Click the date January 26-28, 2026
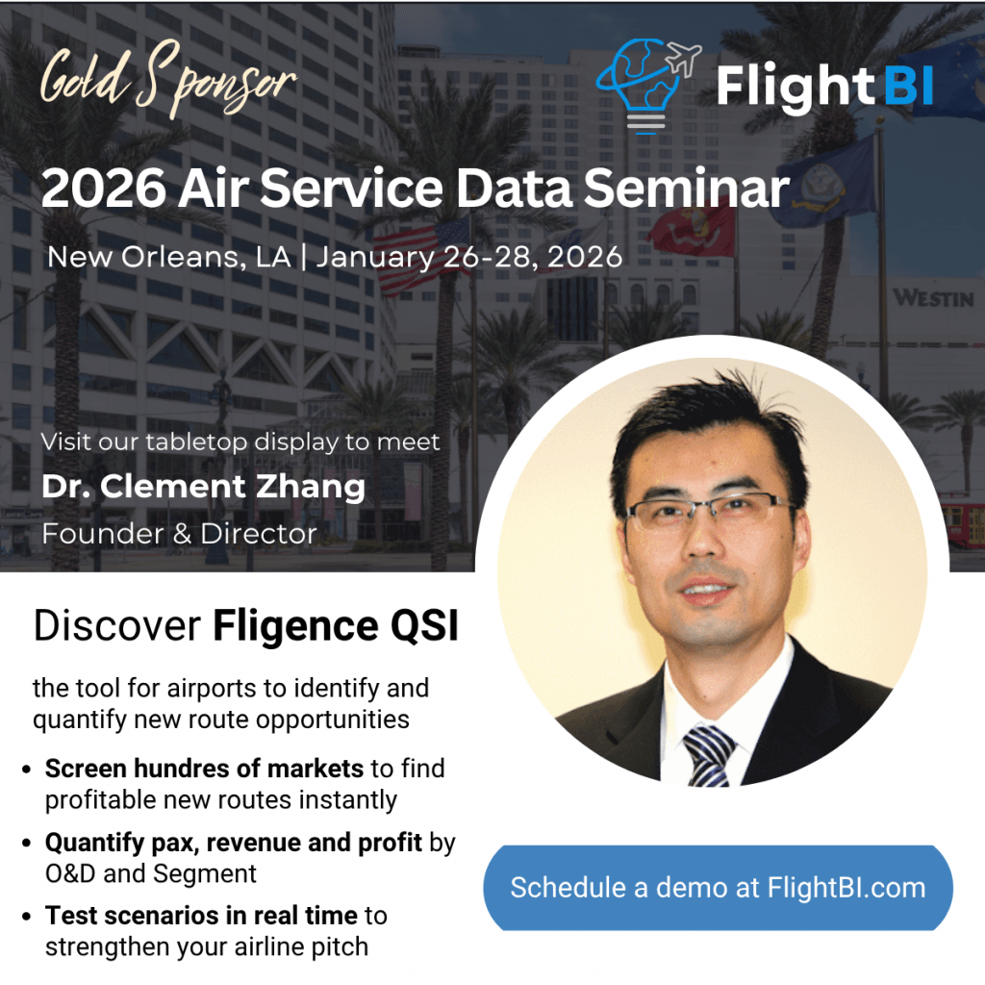click(469, 257)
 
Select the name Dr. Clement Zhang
click(203, 487)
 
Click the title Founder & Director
click(179, 533)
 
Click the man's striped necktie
click(710, 756)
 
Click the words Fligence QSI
click(335, 627)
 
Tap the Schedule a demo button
click(718, 887)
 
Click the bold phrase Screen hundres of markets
click(204, 769)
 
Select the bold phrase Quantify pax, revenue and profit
click(234, 843)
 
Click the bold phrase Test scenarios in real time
click(201, 916)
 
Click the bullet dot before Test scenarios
click(26, 917)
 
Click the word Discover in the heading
click(116, 627)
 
